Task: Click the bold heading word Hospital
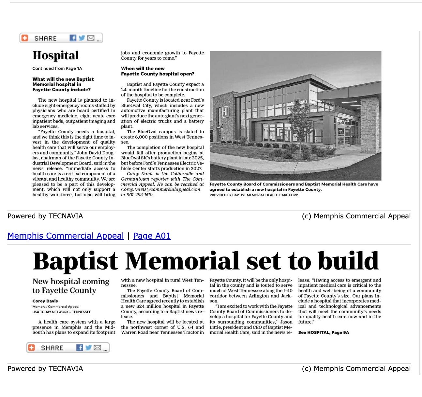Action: pos(55,55)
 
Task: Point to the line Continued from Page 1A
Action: pos(57,68)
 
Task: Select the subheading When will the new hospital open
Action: pos(158,71)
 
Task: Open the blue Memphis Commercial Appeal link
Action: pos(66,236)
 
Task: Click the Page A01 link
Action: pos(152,236)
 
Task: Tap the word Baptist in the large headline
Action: pos(75,261)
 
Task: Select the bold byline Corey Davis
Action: pos(45,301)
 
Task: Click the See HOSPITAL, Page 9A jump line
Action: pos(323,332)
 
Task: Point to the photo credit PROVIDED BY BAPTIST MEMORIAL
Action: pos(254,195)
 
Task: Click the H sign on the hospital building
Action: pos(225,112)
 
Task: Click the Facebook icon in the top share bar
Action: pos(73,38)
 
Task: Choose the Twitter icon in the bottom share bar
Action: pos(88,348)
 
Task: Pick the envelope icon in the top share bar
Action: pos(91,38)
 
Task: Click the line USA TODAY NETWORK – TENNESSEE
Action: pos(61,312)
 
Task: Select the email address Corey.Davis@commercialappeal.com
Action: pos(160,189)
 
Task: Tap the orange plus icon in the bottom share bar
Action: pos(31,348)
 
